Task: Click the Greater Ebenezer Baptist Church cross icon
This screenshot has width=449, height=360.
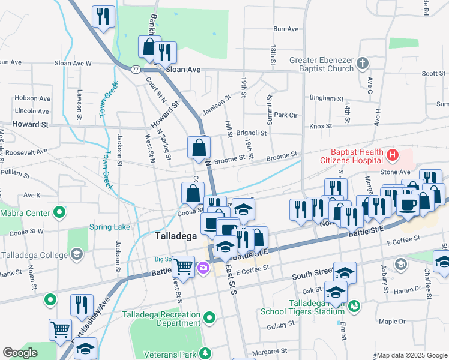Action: tap(362, 62)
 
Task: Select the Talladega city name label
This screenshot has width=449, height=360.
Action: tap(176, 236)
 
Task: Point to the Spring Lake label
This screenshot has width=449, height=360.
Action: tap(109, 227)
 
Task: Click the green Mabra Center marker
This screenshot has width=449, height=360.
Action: tap(59, 212)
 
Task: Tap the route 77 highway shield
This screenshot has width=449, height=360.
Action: tap(136, 70)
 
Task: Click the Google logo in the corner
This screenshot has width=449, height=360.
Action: tap(20, 353)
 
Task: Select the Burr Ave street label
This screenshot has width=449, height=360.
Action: tap(286, 29)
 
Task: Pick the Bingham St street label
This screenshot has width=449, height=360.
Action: tap(326, 98)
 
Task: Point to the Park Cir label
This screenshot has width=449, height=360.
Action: tap(286, 115)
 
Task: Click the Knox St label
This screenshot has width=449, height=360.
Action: tap(321, 126)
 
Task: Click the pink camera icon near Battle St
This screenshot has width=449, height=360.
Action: tap(204, 268)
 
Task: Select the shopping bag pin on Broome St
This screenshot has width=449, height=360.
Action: tap(199, 148)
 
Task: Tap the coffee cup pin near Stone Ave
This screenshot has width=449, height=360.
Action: tap(409, 205)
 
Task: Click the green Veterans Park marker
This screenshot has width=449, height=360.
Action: tap(206, 352)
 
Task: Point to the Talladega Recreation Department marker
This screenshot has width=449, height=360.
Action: tap(209, 316)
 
